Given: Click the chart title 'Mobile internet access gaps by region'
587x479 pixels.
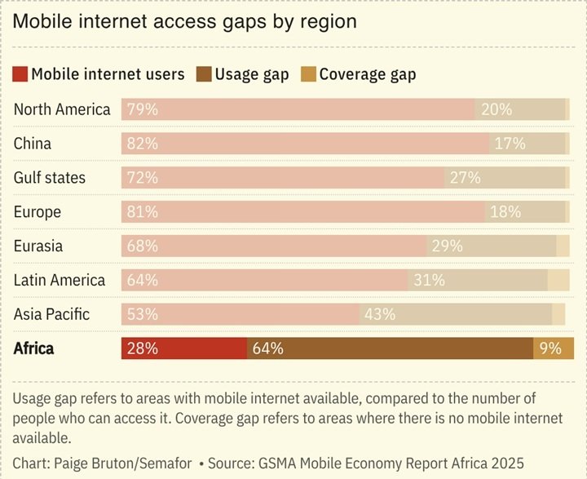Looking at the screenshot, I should coord(185,22).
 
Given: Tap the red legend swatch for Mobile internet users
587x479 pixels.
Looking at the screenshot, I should coord(20,74).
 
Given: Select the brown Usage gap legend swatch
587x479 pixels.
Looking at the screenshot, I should coord(204,74).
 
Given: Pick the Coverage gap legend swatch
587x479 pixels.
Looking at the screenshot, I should coord(308,74).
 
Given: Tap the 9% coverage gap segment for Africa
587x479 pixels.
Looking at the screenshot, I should coord(554,348).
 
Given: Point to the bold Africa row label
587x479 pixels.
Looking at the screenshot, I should coord(34,348).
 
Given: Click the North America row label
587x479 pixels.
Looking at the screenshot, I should coord(62,109).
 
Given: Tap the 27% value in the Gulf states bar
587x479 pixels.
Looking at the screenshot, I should coord(466,178).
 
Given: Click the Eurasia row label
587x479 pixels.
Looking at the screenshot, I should coord(38,246).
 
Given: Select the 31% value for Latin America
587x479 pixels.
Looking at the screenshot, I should coord(429,280).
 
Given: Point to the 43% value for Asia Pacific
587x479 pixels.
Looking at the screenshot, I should coord(380,314).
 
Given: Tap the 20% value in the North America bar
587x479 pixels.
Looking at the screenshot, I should coord(496,109).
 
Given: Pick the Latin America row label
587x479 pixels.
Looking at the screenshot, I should coord(60,280).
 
